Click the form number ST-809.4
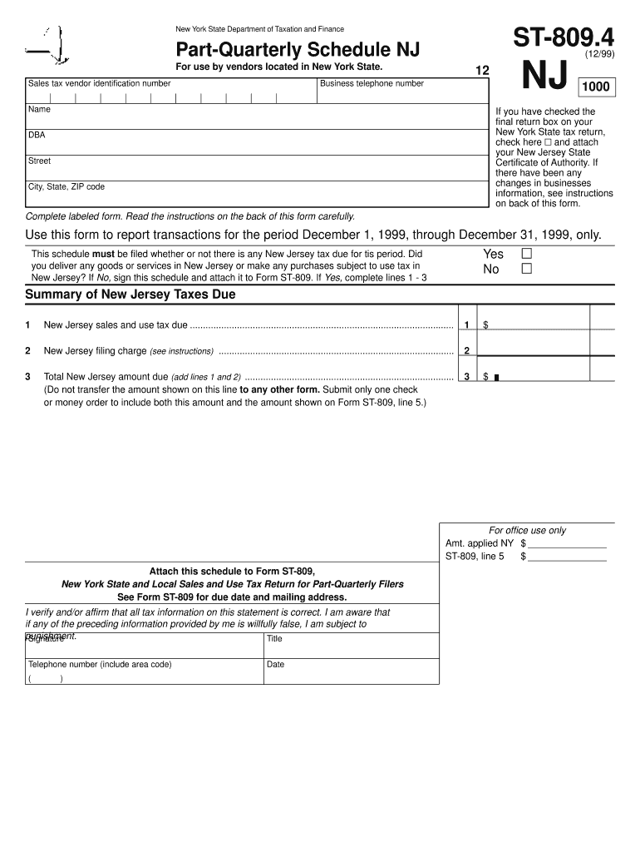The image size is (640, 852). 564,38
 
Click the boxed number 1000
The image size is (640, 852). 596,87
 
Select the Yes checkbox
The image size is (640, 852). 525,254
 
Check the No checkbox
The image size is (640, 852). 525,269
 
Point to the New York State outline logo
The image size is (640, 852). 51,47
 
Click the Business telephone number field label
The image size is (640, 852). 372,83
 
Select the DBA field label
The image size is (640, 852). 37,135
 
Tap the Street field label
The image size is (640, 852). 39,161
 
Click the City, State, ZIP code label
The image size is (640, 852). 66,186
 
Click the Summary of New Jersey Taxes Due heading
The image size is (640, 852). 130,295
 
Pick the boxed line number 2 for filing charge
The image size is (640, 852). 467,350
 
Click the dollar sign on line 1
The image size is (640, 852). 486,325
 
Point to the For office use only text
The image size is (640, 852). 527,530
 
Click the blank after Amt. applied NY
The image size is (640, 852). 567,542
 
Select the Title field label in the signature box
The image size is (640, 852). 274,639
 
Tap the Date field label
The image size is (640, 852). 275,665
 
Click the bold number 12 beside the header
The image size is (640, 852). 481,72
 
